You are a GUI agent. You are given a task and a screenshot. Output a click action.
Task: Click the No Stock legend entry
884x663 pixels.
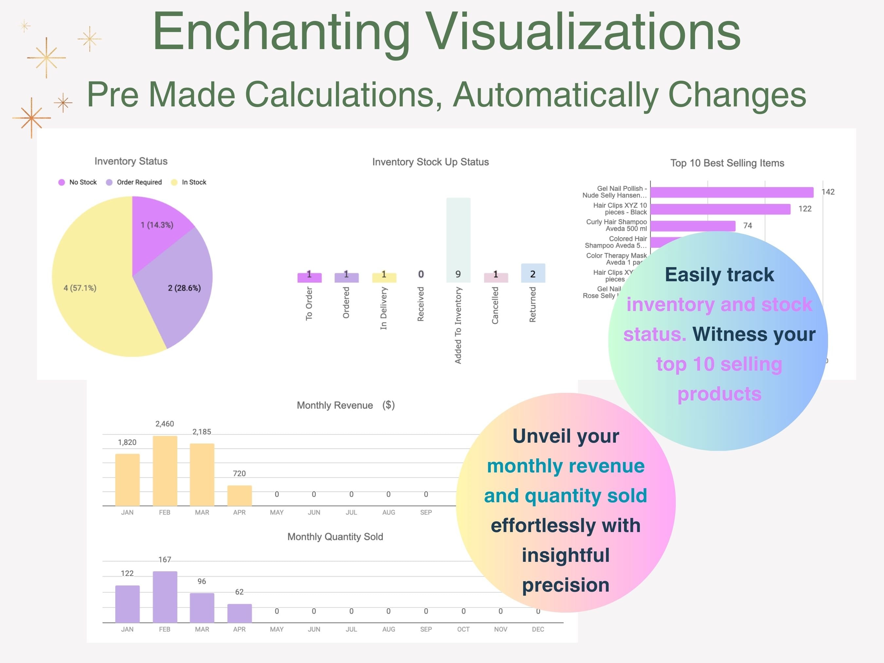pos(78,182)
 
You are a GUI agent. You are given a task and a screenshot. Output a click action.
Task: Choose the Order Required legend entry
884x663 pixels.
pos(134,182)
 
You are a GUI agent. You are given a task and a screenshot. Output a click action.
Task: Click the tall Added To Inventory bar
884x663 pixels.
pos(458,240)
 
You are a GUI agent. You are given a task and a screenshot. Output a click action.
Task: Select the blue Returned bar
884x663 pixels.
pos(533,273)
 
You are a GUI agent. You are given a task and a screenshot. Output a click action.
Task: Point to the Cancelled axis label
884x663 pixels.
pos(495,305)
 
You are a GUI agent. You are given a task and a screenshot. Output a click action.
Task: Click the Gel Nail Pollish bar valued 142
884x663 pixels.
pos(731,192)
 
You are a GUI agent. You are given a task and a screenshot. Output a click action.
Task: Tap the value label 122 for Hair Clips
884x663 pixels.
pos(805,209)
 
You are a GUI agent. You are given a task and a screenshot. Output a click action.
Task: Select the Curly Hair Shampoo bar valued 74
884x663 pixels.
pos(692,226)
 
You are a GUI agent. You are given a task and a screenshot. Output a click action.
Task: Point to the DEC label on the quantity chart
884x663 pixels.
pos(538,629)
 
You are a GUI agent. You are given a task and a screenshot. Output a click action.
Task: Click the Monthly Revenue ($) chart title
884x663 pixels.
pos(346,405)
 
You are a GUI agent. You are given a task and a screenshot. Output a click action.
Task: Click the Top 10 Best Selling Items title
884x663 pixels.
pos(727,163)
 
